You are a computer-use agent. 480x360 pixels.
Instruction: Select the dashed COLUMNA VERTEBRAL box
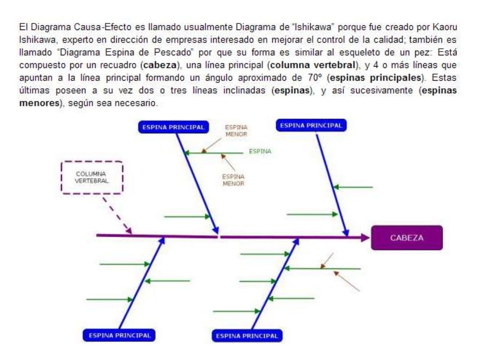pos(92,177)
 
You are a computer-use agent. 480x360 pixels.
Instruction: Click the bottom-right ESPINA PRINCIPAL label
pos(247,336)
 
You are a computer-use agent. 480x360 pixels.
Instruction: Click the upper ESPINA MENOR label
pos(236,130)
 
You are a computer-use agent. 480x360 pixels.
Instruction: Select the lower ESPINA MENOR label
pos(233,180)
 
